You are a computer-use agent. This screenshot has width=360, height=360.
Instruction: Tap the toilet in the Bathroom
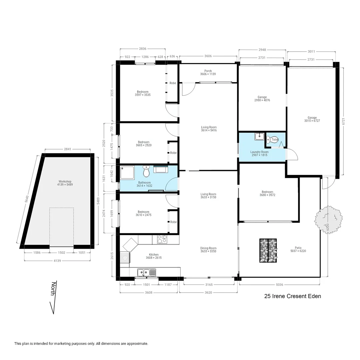click(146, 172)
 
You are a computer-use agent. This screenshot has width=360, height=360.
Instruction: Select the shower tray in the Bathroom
click(127, 172)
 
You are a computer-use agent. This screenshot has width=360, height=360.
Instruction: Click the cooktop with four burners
click(162, 239)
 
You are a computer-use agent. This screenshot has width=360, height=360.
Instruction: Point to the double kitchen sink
click(146, 273)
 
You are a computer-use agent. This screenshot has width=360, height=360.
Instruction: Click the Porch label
click(208, 72)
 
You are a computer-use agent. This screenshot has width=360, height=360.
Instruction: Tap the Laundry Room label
click(259, 153)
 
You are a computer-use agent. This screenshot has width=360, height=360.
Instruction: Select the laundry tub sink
click(259, 137)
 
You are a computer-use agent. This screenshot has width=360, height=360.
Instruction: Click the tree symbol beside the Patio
click(328, 219)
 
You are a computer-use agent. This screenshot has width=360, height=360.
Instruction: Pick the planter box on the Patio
click(268, 250)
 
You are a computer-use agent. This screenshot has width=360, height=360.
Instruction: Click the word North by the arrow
click(53, 289)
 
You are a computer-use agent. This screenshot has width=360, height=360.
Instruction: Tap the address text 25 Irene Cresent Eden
click(292, 296)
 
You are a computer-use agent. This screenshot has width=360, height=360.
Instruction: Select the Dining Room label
click(208, 250)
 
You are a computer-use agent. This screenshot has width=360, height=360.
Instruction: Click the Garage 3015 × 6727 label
click(312, 119)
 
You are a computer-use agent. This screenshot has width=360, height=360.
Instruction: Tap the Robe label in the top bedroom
click(173, 83)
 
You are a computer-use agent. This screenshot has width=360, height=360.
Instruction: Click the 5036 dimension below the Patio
click(279, 285)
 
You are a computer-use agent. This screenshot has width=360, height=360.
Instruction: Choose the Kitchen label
click(154, 256)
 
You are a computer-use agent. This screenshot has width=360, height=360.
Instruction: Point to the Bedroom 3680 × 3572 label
click(267, 193)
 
